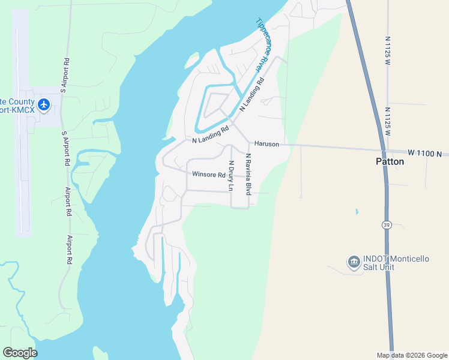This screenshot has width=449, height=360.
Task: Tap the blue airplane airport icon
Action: [x=43, y=104]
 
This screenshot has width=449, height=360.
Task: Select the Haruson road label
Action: [x=267, y=144]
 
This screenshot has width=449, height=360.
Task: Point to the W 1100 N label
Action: [x=427, y=154]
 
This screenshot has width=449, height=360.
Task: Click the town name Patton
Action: [x=390, y=161]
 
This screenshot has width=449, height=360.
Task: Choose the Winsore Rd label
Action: [x=208, y=175]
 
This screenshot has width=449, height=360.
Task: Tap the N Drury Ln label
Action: [x=230, y=175]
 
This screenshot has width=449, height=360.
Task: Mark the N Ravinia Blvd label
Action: [x=247, y=174]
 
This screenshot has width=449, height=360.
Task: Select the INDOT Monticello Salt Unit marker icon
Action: [x=354, y=262]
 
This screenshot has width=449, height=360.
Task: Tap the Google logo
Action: [x=20, y=353]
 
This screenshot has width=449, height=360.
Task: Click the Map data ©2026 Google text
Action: [x=411, y=355]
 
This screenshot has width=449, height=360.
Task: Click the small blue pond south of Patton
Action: [x=357, y=212]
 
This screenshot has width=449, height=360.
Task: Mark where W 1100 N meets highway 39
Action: [x=383, y=151]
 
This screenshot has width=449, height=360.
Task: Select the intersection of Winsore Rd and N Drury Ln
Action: [x=231, y=176]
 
